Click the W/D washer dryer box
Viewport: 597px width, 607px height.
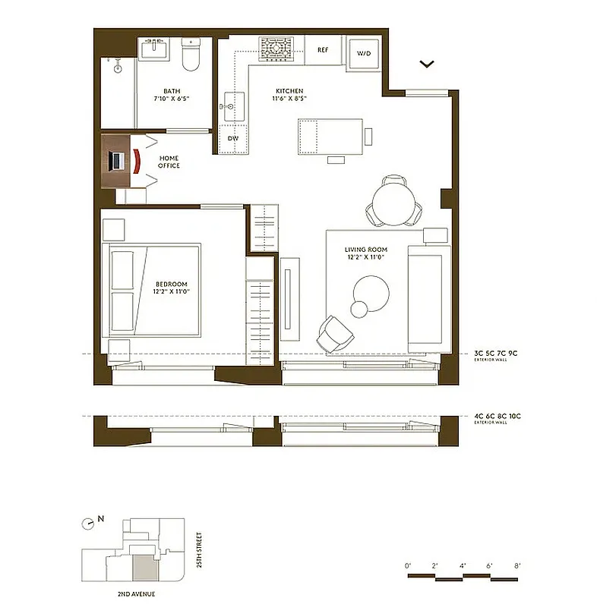(x=364, y=54)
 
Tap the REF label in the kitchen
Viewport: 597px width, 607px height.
(x=323, y=50)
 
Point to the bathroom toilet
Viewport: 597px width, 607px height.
(x=190, y=54)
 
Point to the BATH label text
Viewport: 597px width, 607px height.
(x=172, y=90)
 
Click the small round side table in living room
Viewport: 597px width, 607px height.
(x=359, y=308)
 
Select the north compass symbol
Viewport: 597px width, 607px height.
(x=90, y=522)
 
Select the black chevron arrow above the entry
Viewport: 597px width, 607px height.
(x=428, y=64)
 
